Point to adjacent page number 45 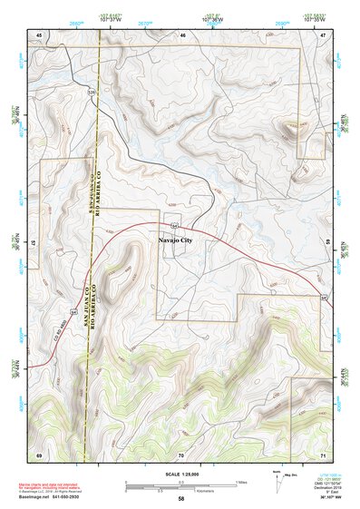pyautogui.click(x=39, y=34)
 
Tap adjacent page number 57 pyautogui.click(x=33, y=244)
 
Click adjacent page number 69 pyautogui.click(x=39, y=453)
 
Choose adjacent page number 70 pyautogui.click(x=181, y=453)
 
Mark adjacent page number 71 pyautogui.click(x=323, y=453)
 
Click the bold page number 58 pyautogui.click(x=181, y=498)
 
